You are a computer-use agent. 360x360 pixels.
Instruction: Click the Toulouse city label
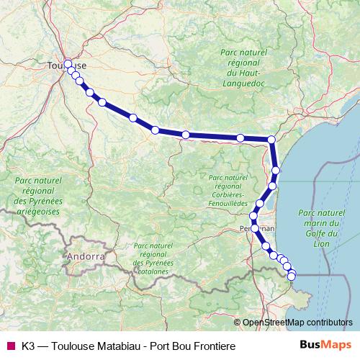pyautogui.click(x=63, y=65)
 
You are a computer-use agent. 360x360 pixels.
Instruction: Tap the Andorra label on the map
pyautogui.click(x=85, y=256)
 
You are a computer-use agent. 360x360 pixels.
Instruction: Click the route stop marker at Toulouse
pyautogui.click(x=68, y=63)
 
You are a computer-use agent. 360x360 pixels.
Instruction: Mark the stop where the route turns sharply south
pyautogui.click(x=271, y=139)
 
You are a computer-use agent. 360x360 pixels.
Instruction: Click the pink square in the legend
pyautogui.click(x=10, y=346)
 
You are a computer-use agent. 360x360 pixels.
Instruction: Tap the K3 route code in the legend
pyautogui.click(x=29, y=346)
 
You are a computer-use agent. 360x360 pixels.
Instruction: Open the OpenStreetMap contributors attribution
pyautogui.click(x=298, y=322)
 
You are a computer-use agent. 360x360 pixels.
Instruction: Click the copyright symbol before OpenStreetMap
pyautogui.click(x=238, y=322)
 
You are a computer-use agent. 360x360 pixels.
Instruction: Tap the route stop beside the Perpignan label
pyautogui.click(x=255, y=228)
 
